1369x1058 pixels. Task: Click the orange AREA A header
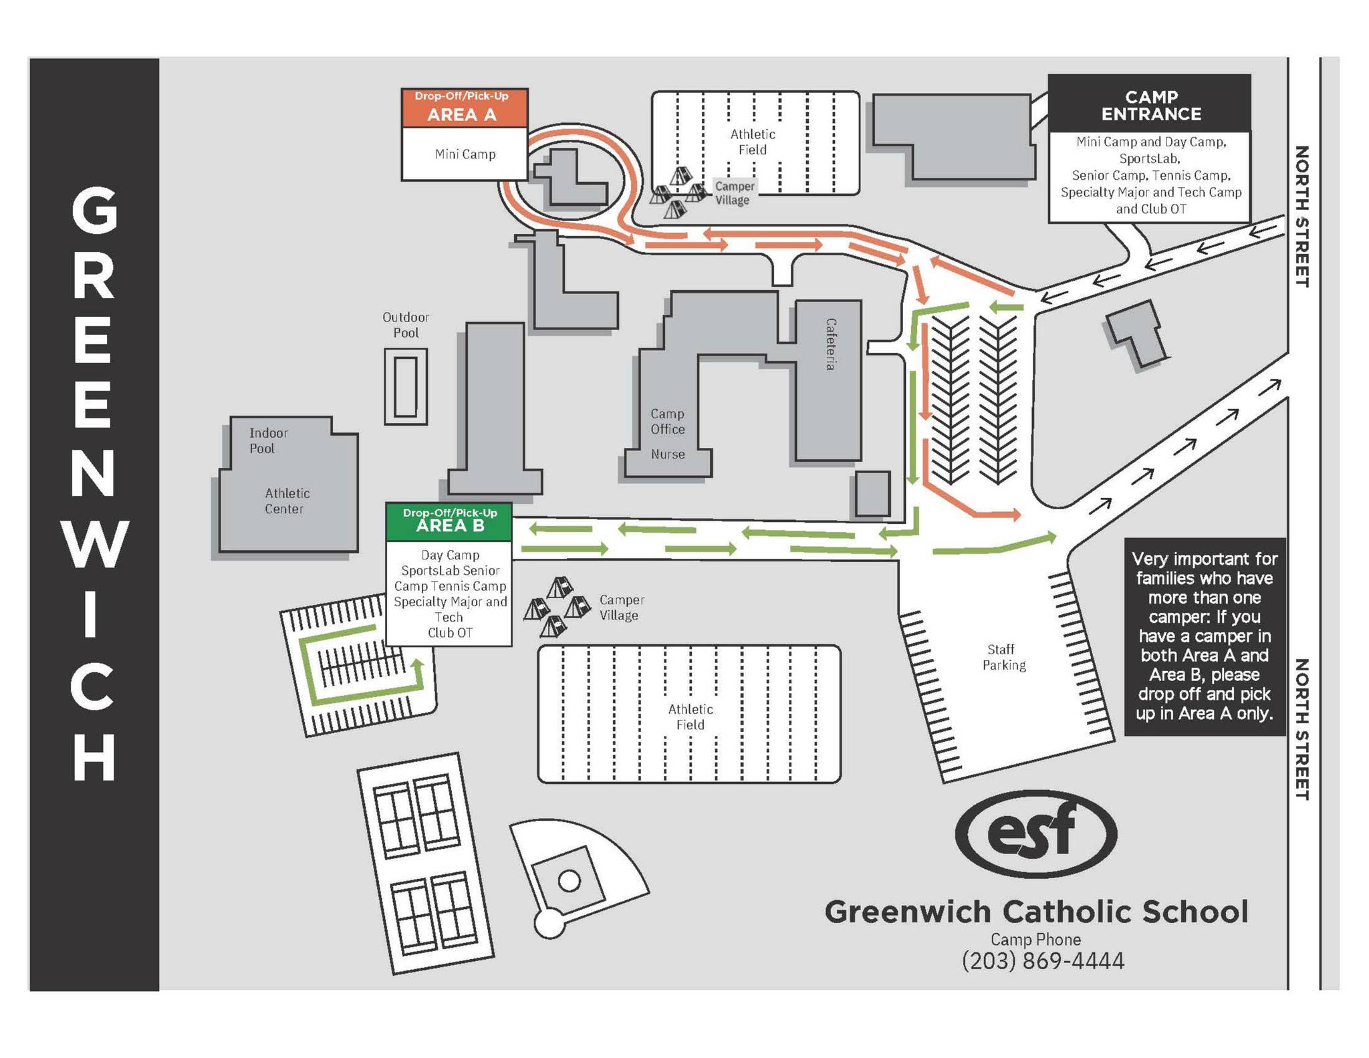(464, 108)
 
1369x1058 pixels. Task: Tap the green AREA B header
(449, 521)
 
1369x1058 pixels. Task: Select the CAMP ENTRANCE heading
(1150, 106)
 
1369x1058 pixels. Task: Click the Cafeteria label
(830, 344)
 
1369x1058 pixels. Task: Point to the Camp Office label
(667, 422)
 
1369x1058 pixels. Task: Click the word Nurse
(667, 454)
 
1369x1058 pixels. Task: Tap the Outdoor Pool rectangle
(405, 386)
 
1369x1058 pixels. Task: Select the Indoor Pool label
(268, 440)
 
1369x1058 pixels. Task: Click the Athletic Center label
(287, 501)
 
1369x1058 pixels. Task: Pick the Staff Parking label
(1003, 657)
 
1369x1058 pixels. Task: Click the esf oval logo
(1035, 833)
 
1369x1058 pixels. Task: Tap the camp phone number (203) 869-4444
(1043, 960)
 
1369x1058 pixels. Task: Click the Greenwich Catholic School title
(1035, 912)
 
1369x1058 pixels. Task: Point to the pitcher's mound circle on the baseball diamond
(569, 881)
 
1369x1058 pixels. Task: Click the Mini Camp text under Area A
(465, 154)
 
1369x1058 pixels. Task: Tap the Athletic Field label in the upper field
(752, 142)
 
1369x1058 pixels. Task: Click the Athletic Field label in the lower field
(690, 716)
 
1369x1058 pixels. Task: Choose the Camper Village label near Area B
(621, 608)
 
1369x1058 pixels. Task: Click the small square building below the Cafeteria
(872, 493)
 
